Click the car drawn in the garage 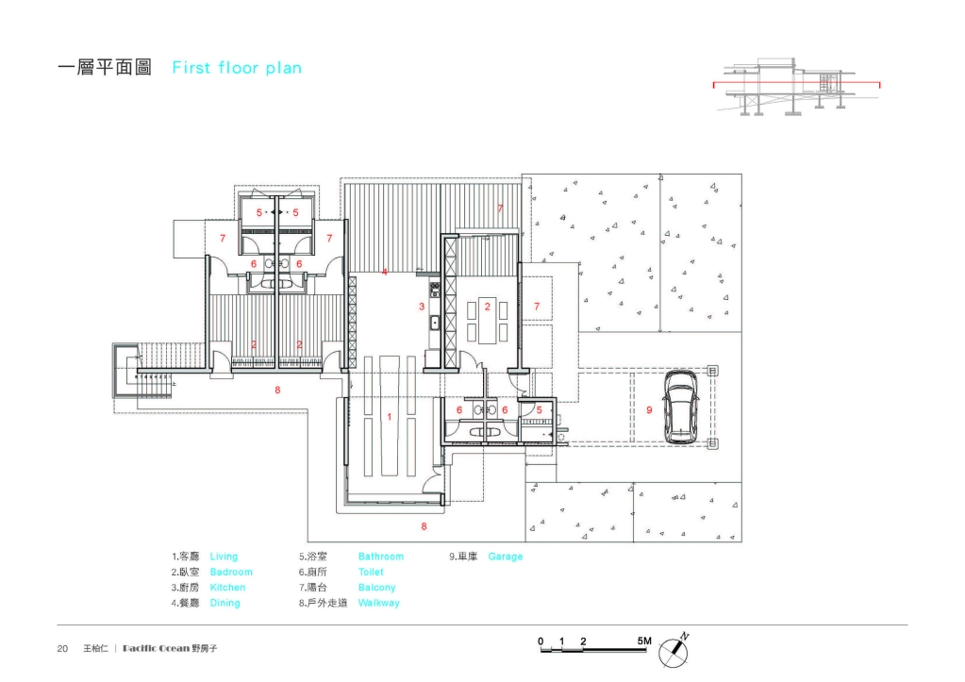tap(681, 407)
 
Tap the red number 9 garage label tap(649, 410)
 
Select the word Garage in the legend tap(506, 557)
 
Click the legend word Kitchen tap(227, 588)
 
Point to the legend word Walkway tap(378, 603)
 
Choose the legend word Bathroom tap(381, 557)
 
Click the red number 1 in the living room tap(389, 417)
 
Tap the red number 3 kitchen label tap(422, 307)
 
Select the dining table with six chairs tap(488, 321)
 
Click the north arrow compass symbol tap(674, 650)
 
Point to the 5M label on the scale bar tap(644, 640)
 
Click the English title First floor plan tap(237, 68)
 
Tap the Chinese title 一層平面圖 tap(105, 67)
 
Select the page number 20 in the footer tap(62, 648)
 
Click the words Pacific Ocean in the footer tap(157, 648)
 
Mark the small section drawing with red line tap(796, 86)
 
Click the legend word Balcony tap(376, 588)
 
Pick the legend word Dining tap(225, 603)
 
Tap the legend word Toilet tap(371, 572)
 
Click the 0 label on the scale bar tap(541, 641)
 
